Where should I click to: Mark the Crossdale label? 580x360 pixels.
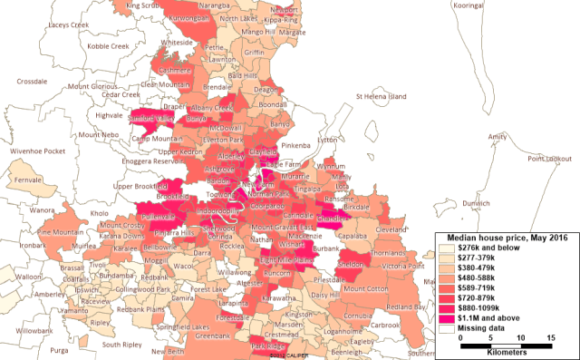coord(32,82)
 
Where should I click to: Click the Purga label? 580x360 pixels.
coord(60,349)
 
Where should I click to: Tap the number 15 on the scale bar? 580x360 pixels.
coord(551,338)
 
